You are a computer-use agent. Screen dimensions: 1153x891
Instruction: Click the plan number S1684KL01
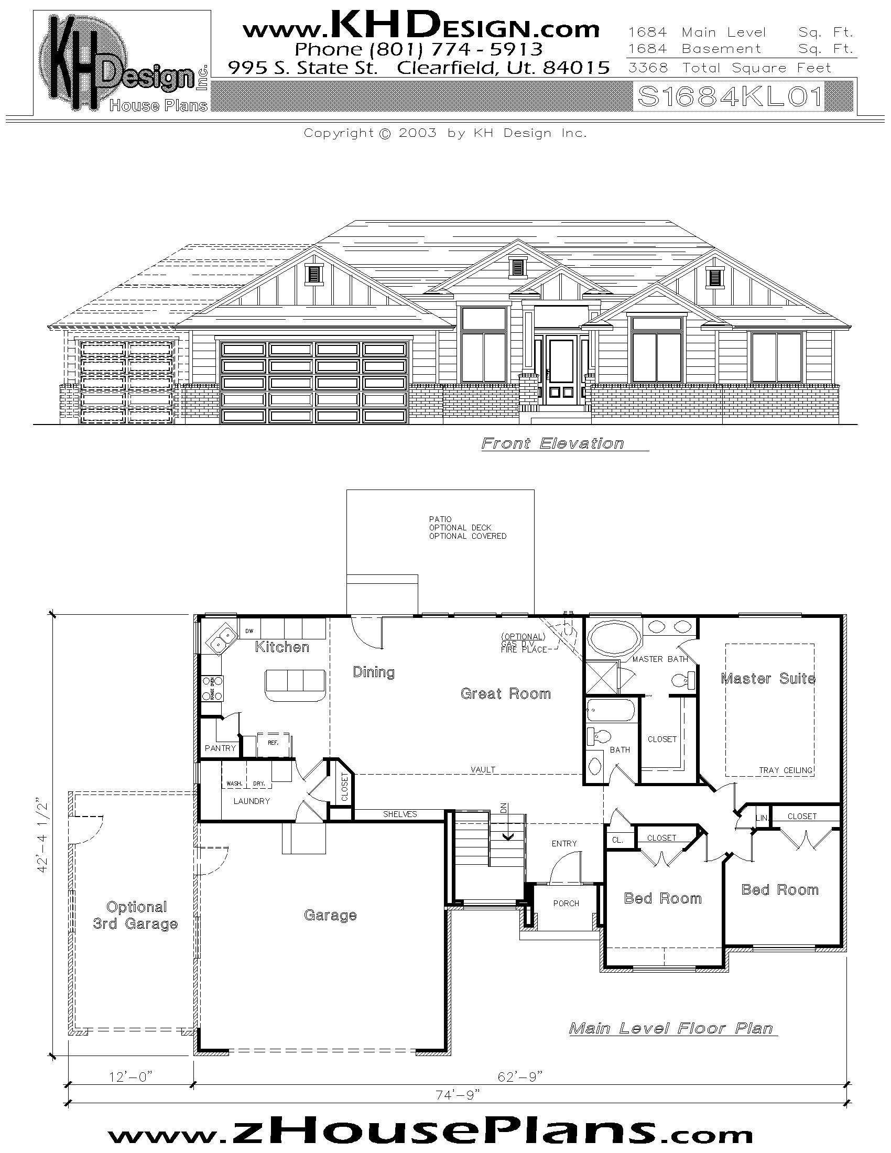coord(731,97)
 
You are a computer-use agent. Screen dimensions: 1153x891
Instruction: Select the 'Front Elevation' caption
coord(552,443)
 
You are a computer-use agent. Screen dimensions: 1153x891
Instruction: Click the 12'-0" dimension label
coord(131,1076)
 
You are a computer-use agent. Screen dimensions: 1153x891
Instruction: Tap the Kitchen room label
coord(282,647)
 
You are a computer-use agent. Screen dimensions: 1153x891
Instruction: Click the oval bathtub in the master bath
coord(614,639)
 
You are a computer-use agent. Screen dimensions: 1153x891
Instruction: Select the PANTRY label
coord(220,748)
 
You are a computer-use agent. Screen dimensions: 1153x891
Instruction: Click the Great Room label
coord(505,694)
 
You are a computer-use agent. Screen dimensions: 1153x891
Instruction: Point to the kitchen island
coord(295,685)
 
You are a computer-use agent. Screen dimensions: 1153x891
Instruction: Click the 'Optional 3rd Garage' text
coord(136,916)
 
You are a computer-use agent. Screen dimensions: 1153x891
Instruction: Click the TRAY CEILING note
coord(786,770)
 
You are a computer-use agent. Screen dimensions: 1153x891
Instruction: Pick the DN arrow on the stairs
coord(507,834)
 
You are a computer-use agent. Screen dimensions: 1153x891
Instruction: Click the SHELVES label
coord(399,814)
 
